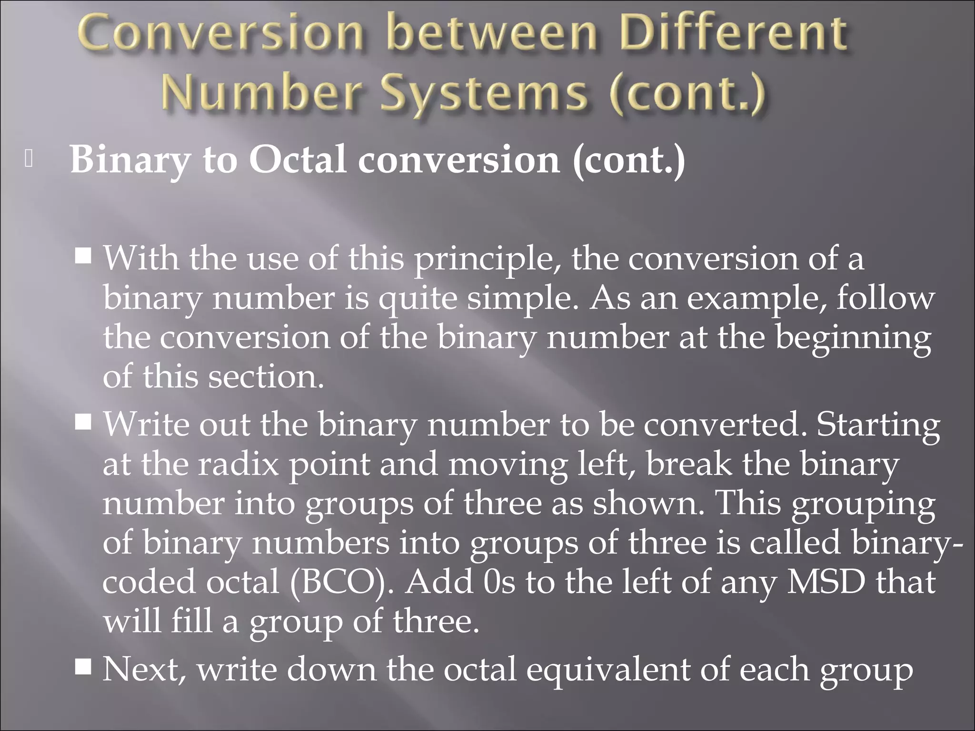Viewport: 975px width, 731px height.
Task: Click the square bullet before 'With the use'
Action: (x=83, y=257)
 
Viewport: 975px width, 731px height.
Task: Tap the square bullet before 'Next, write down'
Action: (x=83, y=668)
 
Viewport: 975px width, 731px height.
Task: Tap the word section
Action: (x=266, y=377)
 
